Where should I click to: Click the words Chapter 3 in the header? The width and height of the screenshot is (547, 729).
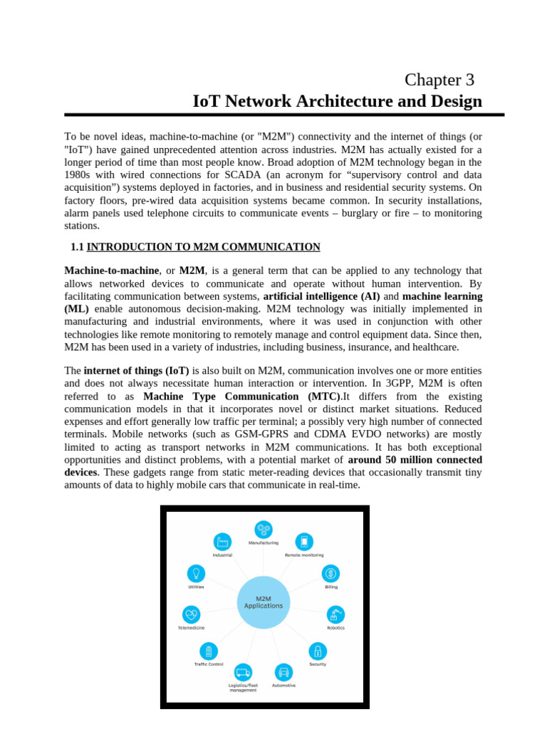439,80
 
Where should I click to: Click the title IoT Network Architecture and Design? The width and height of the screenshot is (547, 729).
337,101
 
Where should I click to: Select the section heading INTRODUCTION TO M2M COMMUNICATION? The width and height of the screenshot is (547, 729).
203,247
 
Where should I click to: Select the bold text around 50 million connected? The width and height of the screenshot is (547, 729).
415,460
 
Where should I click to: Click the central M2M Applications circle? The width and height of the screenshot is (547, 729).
264,602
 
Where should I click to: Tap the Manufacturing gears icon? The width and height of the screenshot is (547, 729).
264,529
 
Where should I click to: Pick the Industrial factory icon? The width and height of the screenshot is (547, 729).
222,541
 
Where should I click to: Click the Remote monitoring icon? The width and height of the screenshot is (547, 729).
304,541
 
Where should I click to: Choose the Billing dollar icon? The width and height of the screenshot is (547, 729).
331,573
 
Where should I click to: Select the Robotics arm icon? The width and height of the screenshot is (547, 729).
335,614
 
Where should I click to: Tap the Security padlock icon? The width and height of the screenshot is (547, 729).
318,651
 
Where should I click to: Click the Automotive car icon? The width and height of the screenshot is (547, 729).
283,671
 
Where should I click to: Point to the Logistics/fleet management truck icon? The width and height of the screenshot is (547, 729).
243,671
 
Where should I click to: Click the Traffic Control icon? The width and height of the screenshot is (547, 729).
209,651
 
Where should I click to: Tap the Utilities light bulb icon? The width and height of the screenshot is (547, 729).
196,573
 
